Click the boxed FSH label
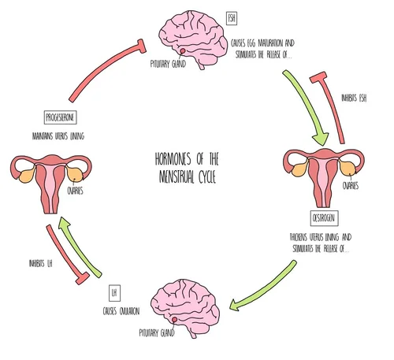pos(231,17)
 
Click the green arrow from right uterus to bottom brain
pos(264,283)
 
